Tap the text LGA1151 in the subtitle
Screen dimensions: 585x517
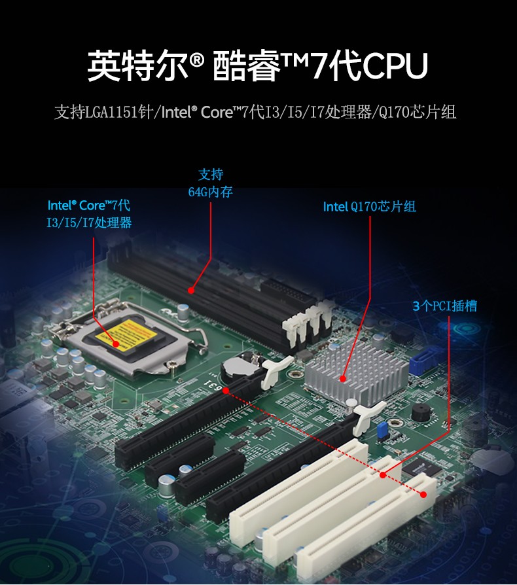coord(112,113)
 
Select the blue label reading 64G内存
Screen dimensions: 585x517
coord(211,192)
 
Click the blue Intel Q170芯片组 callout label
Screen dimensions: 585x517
coord(370,207)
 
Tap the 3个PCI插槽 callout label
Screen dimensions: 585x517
coord(445,306)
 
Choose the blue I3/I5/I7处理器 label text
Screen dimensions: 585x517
coord(89,222)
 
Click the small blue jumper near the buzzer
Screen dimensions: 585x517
coord(380,431)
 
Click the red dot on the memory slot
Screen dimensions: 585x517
coord(191,289)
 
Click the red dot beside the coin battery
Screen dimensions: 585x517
coord(226,390)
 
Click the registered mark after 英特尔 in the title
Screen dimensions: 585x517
coord(198,63)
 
